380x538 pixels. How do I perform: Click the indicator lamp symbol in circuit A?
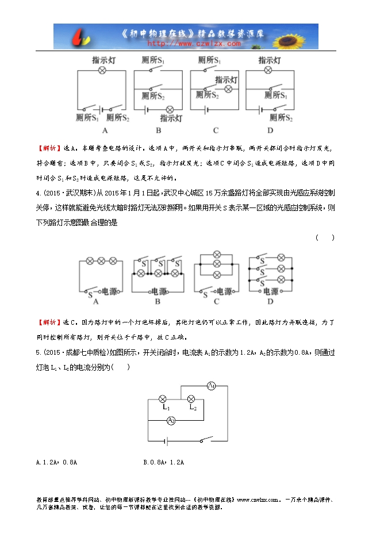(102, 70)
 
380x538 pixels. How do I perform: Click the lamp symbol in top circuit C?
(228, 90)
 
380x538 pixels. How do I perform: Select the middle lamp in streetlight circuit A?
(102, 260)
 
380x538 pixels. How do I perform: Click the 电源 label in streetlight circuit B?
(160, 291)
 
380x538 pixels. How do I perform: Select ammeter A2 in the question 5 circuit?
(171, 421)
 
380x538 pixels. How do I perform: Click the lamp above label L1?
(163, 398)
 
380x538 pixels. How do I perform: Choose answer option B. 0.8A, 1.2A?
(166, 462)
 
